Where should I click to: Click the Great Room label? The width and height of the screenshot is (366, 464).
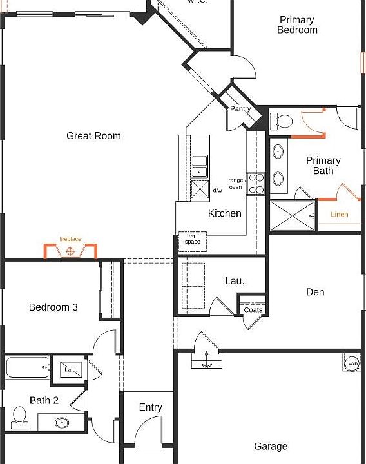coord(93,135)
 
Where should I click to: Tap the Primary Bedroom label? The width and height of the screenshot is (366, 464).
coord(297,25)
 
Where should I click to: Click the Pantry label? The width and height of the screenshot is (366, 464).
coord(240,109)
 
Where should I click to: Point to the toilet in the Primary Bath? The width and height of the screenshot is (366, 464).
coord(282,121)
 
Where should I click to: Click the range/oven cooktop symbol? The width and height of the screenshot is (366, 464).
coord(256,183)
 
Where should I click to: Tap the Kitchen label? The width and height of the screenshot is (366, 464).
coord(225,213)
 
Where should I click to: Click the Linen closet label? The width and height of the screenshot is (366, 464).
coord(340,214)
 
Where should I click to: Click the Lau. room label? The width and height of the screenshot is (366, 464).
coord(234,281)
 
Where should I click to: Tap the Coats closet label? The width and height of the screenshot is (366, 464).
coord(253,310)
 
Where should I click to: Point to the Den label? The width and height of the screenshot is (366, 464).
coord(315,292)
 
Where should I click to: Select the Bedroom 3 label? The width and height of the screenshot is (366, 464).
coord(53,307)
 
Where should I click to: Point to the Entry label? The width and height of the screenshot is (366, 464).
coord(151,407)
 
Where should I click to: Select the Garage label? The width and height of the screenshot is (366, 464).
coord(271,446)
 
